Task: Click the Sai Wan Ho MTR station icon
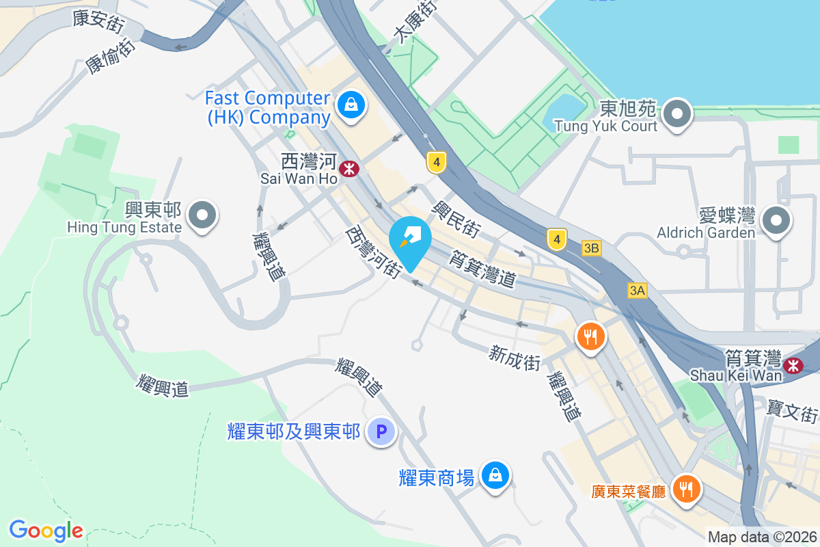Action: coord(350,168)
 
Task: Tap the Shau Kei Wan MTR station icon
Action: coord(793,365)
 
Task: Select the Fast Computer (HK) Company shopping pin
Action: coord(351,105)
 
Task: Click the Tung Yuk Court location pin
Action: coord(678,113)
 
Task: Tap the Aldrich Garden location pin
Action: coord(776,221)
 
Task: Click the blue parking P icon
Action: coord(381,432)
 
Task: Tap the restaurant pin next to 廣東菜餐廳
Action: coord(685,488)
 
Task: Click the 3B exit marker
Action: coord(592,249)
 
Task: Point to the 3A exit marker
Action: coord(637,291)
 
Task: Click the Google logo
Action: coord(46,531)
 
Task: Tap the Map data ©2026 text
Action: coord(761,537)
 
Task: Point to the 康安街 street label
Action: coord(98,21)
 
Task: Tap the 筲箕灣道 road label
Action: coord(481,269)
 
